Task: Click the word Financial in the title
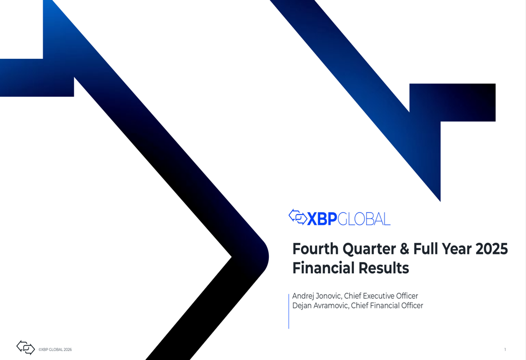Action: tap(323, 268)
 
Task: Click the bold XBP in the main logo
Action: tap(322, 219)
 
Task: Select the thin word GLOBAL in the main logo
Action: tap(364, 219)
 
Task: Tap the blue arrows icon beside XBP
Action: tap(298, 217)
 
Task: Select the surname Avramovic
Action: tap(331, 306)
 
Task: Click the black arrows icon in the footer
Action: tap(25, 347)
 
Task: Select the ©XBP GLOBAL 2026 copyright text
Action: tap(55, 349)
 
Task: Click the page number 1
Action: tap(505, 349)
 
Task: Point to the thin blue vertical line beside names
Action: tap(289, 312)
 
